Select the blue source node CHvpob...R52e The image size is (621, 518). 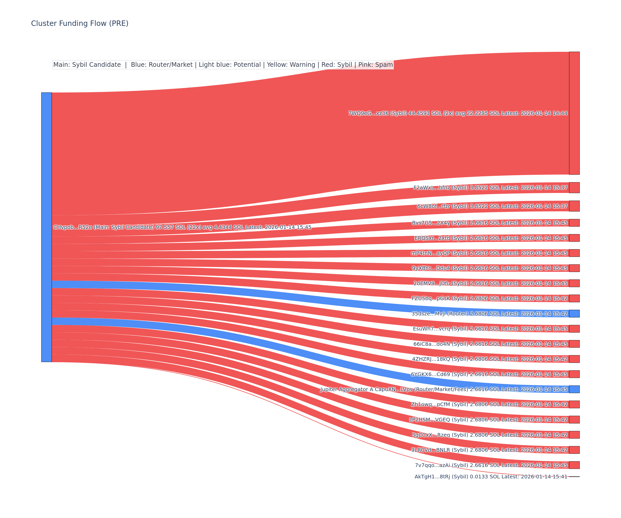46,227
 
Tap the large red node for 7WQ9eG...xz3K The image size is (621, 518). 574,113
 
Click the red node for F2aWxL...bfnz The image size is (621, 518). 574,188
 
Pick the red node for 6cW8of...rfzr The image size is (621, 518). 574,206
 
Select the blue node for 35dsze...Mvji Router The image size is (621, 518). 574,313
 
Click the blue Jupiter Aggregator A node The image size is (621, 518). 574,389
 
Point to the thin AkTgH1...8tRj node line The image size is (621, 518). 574,477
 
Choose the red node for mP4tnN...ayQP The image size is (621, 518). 574,253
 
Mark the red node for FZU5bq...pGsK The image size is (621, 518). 574,298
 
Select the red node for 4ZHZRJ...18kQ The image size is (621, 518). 574,359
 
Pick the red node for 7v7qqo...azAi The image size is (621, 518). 574,465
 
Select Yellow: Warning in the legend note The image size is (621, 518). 291,65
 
